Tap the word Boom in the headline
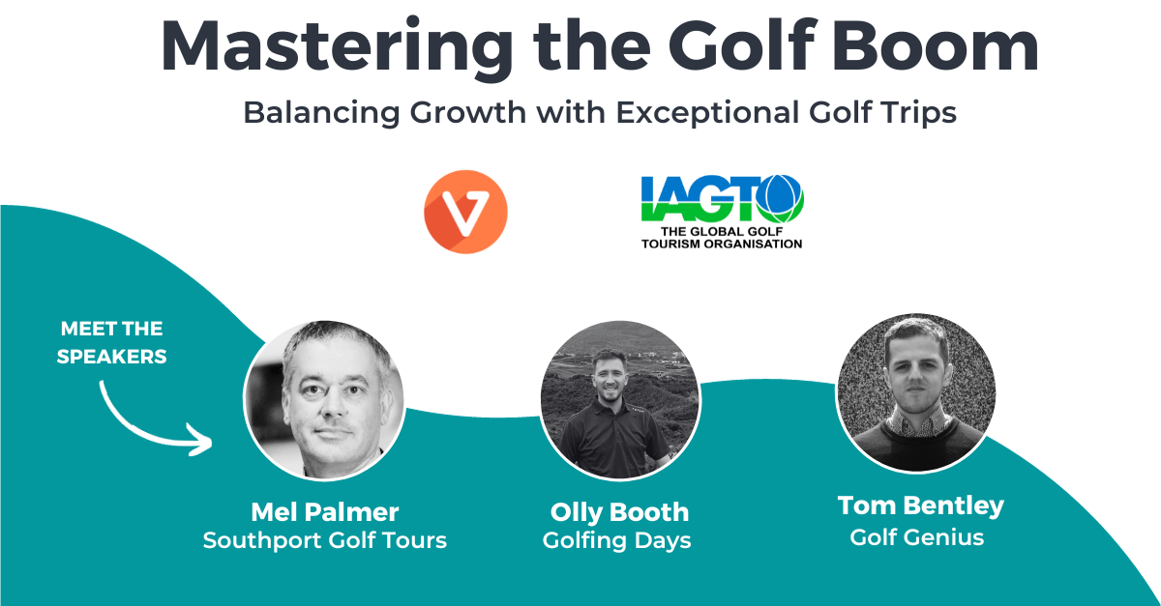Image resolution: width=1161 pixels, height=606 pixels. [936, 45]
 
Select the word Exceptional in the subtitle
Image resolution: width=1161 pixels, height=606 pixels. [707, 113]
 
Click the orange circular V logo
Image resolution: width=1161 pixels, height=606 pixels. [465, 212]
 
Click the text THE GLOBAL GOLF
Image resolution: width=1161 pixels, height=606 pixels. [722, 232]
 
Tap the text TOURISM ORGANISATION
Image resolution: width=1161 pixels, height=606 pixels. [722, 244]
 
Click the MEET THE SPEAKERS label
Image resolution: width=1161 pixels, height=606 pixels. [111, 342]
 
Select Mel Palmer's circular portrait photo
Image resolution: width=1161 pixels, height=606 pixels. [324, 400]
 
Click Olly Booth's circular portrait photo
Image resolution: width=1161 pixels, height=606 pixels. [620, 400]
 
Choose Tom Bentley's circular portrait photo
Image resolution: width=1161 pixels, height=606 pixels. [916, 393]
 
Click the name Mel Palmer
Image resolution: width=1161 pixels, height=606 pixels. [325, 512]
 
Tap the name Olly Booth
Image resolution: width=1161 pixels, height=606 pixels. [619, 513]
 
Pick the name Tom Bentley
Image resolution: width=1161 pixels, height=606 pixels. [921, 506]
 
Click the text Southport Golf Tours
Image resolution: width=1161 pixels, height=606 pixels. [325, 540]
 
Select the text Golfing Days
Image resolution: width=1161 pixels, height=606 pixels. [617, 541]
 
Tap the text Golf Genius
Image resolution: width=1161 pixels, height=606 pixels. [917, 537]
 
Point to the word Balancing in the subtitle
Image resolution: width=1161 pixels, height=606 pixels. [321, 113]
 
